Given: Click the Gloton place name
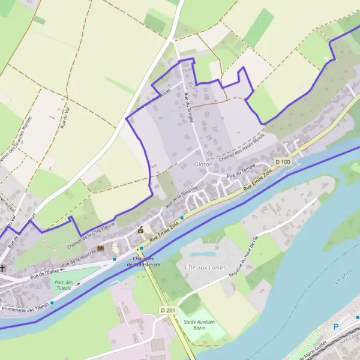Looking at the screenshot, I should (204, 164).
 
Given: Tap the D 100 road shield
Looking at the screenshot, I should (283, 162).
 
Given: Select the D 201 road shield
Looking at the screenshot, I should (169, 309).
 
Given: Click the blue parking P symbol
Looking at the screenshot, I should (335, 327).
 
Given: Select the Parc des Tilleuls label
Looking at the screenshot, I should (63, 285).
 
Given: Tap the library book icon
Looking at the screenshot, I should (100, 247).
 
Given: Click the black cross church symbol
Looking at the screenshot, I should (3, 268).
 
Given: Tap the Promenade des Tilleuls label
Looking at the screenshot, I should (25, 296).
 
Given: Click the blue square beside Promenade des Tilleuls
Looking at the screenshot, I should (52, 302).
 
